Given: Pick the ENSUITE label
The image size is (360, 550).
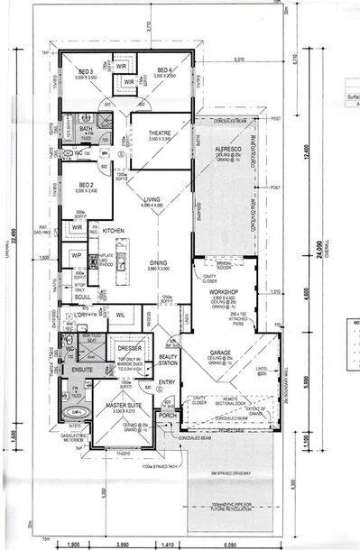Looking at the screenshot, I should point(84,371).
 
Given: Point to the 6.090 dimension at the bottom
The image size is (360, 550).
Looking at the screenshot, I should point(232,545).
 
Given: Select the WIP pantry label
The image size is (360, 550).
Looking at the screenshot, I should point(76,256).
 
